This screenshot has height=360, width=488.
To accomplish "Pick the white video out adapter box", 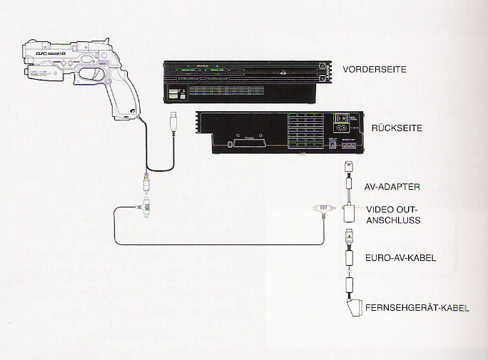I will tap(350, 213).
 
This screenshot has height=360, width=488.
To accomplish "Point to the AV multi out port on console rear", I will tap(350, 148).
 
